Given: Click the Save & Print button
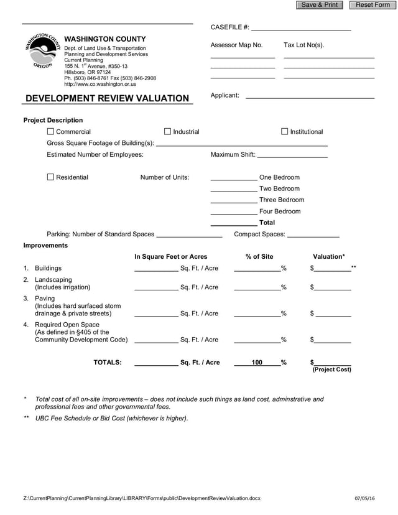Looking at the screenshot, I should point(320,5).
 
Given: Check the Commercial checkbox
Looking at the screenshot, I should point(51,132).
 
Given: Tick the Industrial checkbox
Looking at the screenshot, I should point(167,132).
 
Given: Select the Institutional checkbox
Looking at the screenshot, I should point(285,132).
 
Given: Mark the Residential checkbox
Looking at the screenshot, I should point(51,177).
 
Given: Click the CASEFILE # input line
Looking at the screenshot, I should point(301,28).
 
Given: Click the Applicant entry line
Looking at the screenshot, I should point(310,96).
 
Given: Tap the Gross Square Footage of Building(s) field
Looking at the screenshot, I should point(241,144).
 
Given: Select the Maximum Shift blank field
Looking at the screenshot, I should point(292,155).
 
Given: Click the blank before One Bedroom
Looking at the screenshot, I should point(234,178).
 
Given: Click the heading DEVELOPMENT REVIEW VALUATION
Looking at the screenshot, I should point(107,98).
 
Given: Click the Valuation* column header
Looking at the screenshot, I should point(328,257).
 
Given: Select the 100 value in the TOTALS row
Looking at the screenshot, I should point(257,363).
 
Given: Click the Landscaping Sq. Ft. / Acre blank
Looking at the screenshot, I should point(156,288).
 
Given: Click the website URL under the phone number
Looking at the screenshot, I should point(100,84).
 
